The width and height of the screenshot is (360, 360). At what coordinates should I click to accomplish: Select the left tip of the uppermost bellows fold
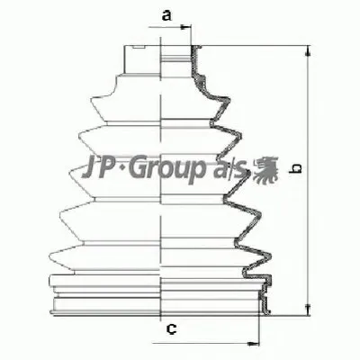tap(90, 94)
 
